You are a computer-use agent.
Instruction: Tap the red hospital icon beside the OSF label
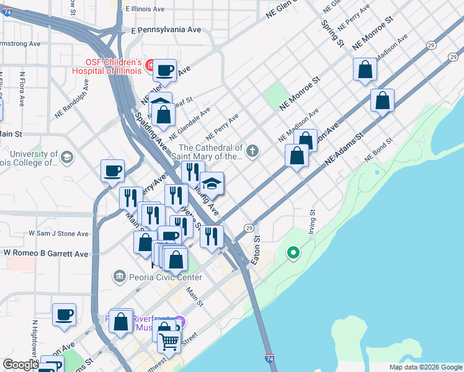click(x=149, y=64)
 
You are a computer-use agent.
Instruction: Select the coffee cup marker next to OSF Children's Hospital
click(x=165, y=71)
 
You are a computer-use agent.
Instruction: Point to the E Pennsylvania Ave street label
click(x=166, y=29)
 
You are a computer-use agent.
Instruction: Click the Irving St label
click(x=313, y=221)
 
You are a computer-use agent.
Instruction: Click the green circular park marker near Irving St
click(x=293, y=253)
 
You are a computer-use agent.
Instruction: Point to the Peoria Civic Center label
click(x=158, y=275)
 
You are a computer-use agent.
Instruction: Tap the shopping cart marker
click(x=169, y=340)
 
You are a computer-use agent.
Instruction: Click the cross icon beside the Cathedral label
click(x=252, y=151)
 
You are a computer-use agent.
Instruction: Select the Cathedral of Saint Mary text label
click(x=211, y=153)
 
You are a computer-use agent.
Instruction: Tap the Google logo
click(x=20, y=365)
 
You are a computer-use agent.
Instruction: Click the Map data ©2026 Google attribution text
click(x=425, y=367)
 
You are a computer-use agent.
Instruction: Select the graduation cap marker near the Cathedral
click(x=212, y=184)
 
